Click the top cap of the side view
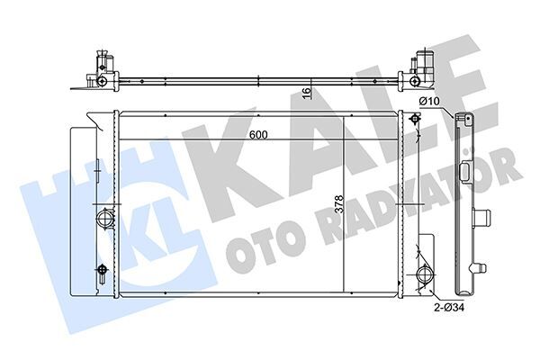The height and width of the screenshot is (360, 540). [466, 120]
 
